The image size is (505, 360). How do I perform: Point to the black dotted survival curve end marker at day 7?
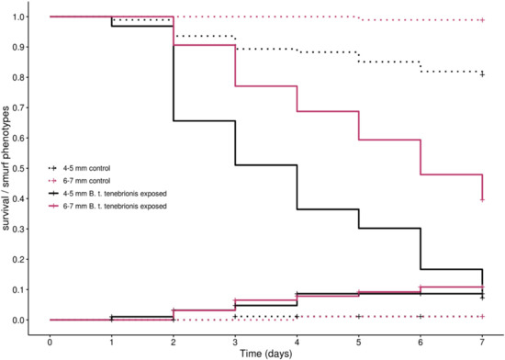click(x=482, y=74)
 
